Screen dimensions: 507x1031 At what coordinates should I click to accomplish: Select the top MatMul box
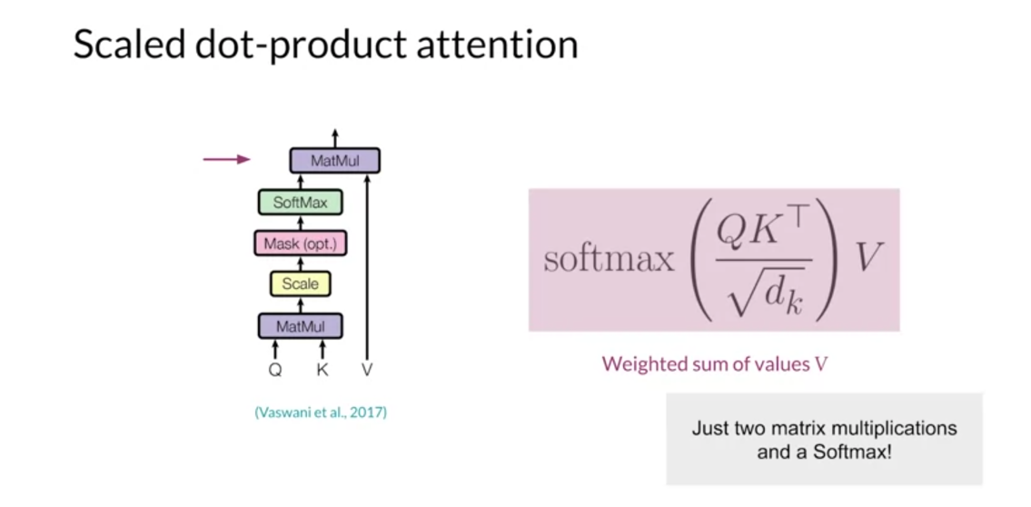tap(334, 161)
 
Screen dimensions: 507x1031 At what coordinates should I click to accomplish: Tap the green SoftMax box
tap(300, 203)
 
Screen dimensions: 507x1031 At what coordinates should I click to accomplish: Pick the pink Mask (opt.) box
tap(301, 244)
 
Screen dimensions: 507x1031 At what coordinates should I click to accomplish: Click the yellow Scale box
tap(300, 284)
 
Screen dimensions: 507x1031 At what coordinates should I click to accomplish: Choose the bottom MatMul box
tap(300, 326)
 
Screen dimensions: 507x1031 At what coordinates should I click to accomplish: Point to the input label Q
tap(275, 370)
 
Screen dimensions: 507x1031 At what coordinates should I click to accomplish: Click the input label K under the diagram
tap(322, 370)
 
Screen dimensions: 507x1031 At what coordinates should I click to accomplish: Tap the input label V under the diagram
tap(367, 370)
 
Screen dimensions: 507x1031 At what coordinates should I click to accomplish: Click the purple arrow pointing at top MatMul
tap(226, 160)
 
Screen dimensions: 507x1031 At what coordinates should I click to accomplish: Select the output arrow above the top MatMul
tap(334, 137)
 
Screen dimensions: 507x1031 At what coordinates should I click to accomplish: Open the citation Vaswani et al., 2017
tap(321, 413)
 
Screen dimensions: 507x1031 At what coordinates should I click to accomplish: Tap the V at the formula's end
tap(869, 259)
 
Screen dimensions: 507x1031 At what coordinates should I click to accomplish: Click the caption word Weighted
tap(643, 364)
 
